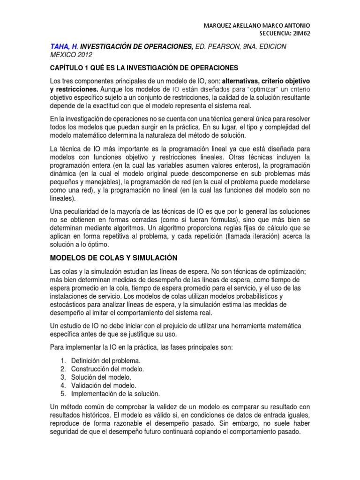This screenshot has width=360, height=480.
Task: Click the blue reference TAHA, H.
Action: coord(64,46)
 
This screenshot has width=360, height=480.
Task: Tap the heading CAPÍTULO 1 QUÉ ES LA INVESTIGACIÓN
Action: coord(144,67)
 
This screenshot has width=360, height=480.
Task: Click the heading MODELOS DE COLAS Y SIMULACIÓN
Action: coord(114,258)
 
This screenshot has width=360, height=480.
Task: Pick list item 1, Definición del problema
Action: coord(106,360)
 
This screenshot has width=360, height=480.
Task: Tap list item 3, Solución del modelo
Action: coord(101,377)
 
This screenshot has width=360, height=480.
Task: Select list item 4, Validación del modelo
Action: coord(104,385)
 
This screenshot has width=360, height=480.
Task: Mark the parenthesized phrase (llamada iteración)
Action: coord(259,237)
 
